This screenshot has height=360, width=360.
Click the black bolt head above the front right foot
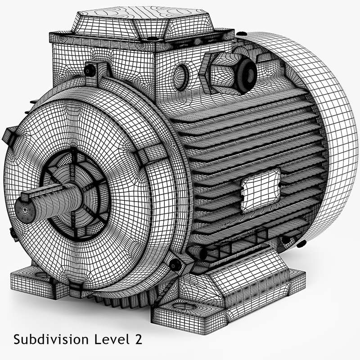click(176, 265)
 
